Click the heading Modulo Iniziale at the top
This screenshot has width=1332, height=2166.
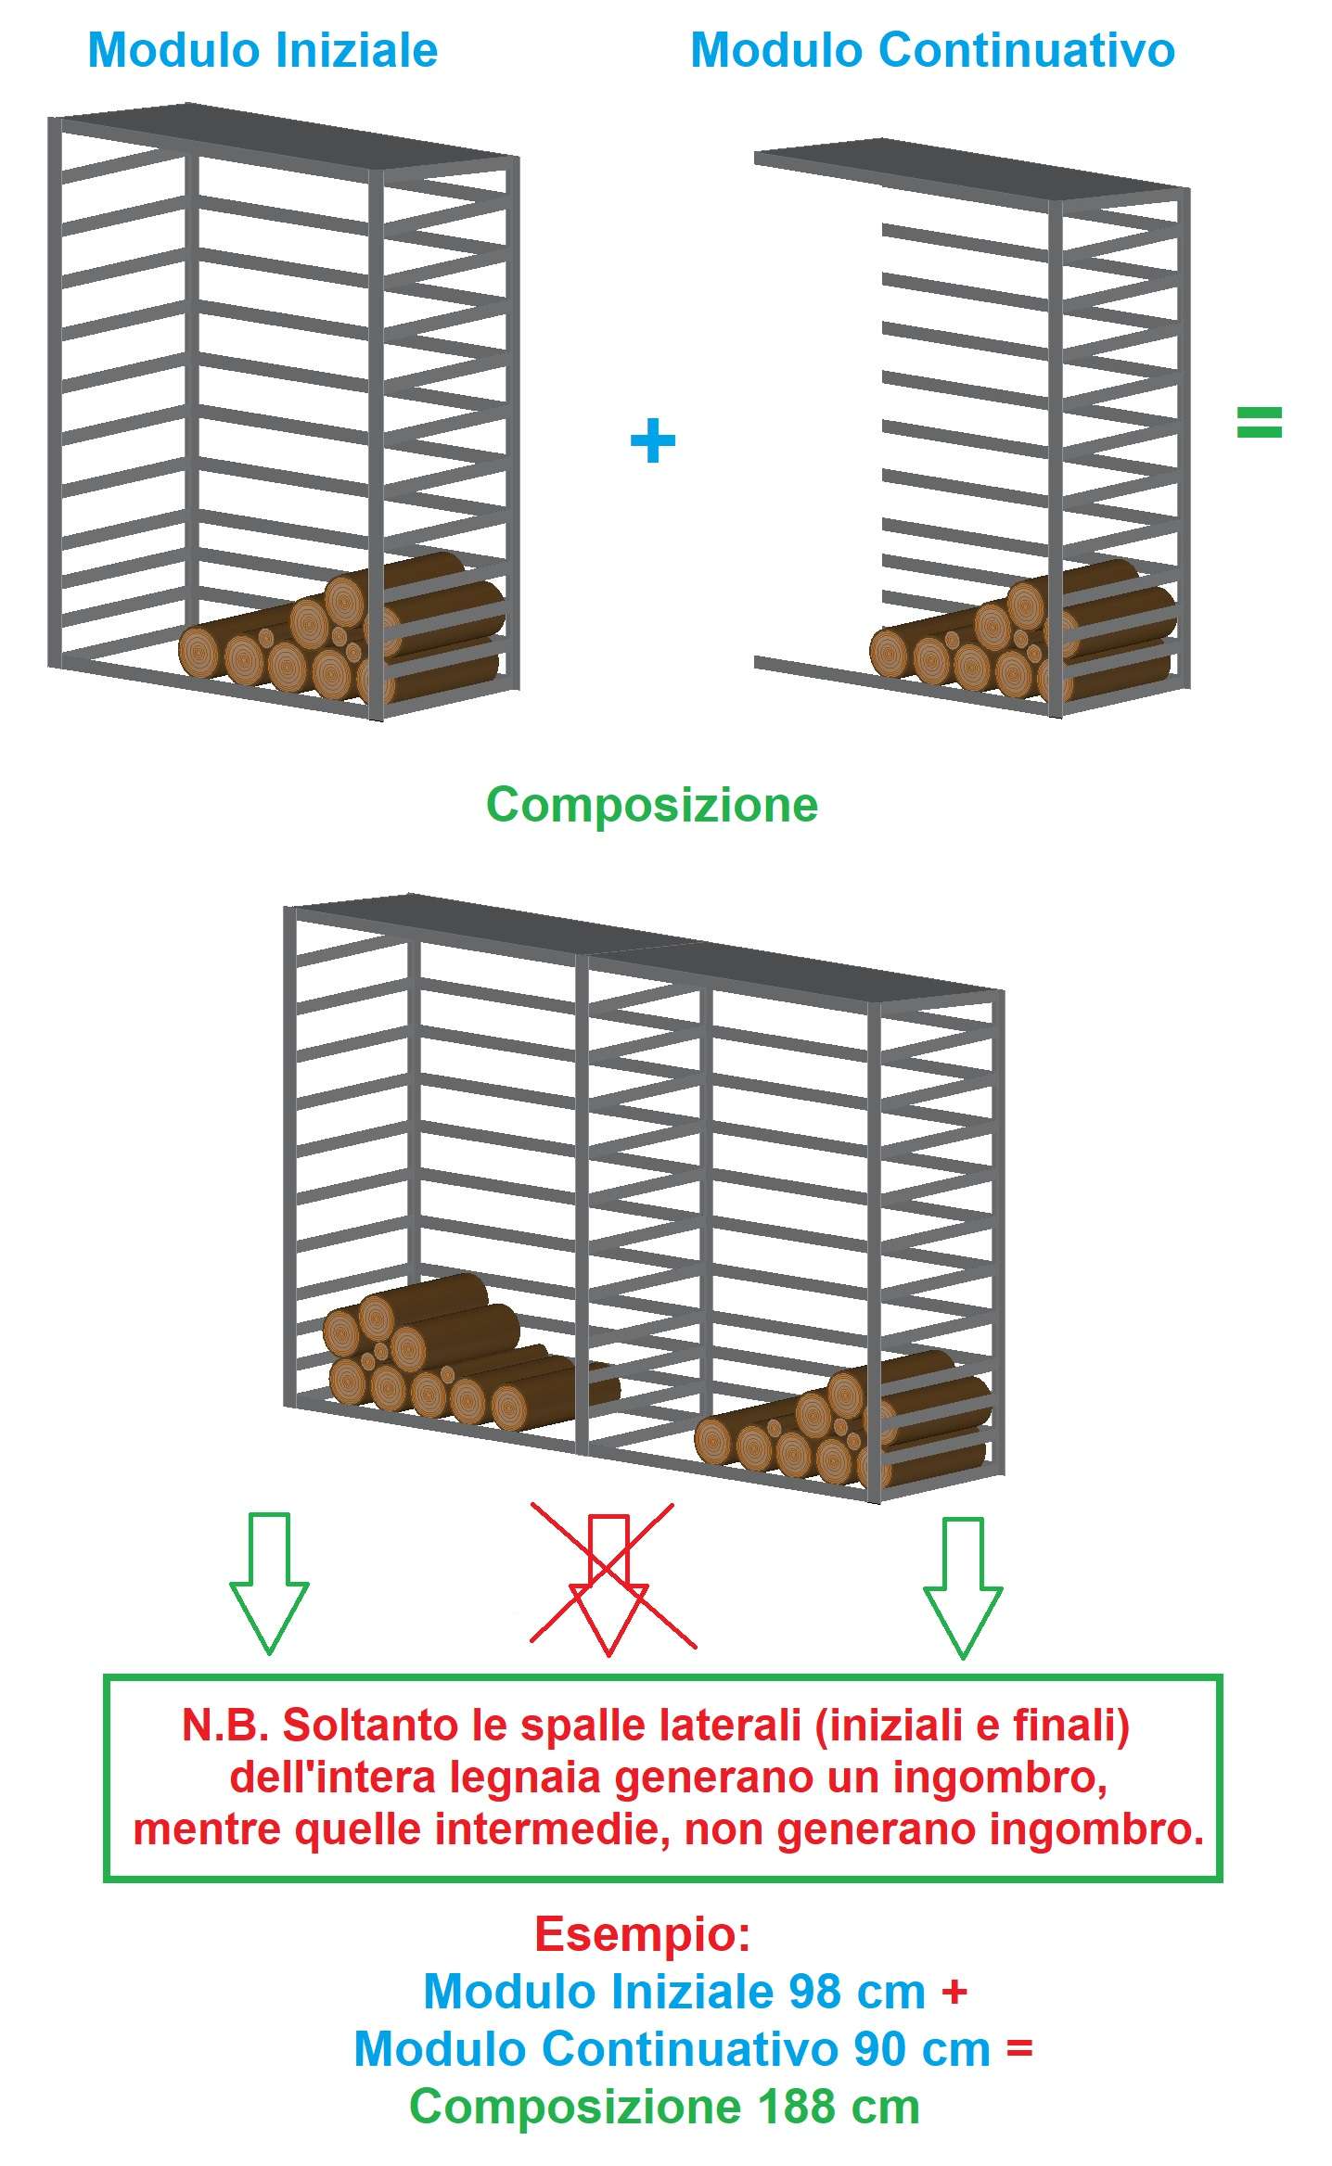coord(263,50)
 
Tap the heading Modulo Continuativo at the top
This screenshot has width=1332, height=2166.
coord(933,50)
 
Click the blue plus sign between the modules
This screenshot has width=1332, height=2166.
coord(653,440)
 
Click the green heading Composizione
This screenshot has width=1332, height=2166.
coord(652,805)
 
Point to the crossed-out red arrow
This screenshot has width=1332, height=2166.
coord(609,1585)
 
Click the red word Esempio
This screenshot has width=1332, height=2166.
coord(643,1934)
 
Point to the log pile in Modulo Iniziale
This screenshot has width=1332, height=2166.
coord(341,629)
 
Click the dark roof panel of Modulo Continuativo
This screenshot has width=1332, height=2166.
coord(971,170)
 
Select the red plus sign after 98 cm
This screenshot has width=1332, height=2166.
coord(954,1992)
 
